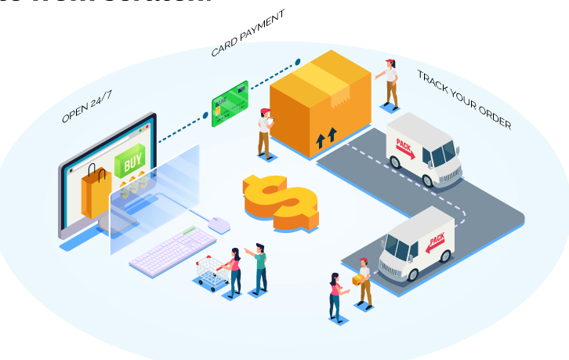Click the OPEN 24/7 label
coord(87,107)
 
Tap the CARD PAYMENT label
coord(247,34)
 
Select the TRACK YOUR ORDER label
coord(463,99)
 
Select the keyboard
coord(172,250)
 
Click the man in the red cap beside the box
coord(265,132)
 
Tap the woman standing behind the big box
coord(390,82)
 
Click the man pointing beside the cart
coord(259,267)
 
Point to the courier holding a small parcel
coord(363,281)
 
